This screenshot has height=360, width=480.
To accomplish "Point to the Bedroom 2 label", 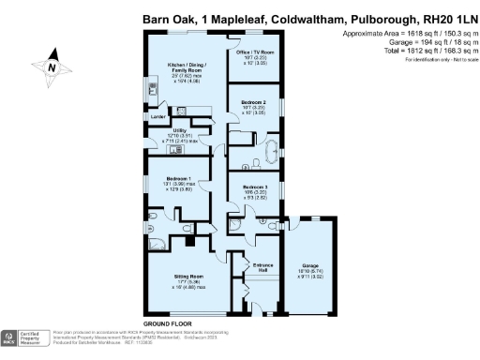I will [254, 101].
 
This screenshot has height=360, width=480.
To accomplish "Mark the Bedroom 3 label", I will [254, 187].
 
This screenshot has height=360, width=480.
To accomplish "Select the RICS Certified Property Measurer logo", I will [19, 337].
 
